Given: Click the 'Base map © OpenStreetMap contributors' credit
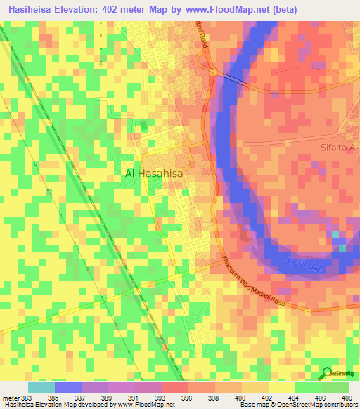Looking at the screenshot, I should click(x=298, y=405).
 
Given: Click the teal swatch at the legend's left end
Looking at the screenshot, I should click(x=41, y=387).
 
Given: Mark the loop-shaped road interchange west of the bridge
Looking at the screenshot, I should click(x=208, y=64).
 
